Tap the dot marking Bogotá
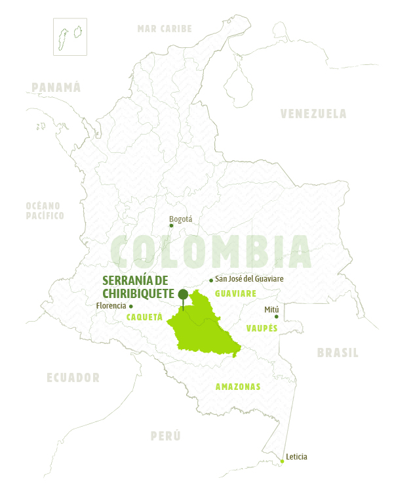pyautogui.click(x=172, y=226)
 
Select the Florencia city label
pyautogui.click(x=111, y=306)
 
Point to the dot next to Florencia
pyautogui.click(x=131, y=306)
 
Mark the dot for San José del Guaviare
pyautogui.click(x=211, y=280)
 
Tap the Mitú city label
pyautogui.click(x=272, y=309)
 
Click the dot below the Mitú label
pyautogui.click(x=276, y=317)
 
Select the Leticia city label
pyautogui.click(x=296, y=456)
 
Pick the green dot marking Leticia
pyautogui.click(x=282, y=461)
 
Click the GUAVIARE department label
pyautogui.click(x=235, y=293)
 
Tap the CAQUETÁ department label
pyautogui.click(x=144, y=316)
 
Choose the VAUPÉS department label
pyautogui.click(x=262, y=328)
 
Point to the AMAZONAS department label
pyautogui.click(x=238, y=387)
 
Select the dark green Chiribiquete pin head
pyautogui.click(x=183, y=293)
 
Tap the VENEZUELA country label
pyautogui.click(x=313, y=114)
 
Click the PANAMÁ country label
pyautogui.click(x=56, y=87)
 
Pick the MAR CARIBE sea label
pyautogui.click(x=165, y=28)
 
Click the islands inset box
pyautogui.click(x=71, y=37)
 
